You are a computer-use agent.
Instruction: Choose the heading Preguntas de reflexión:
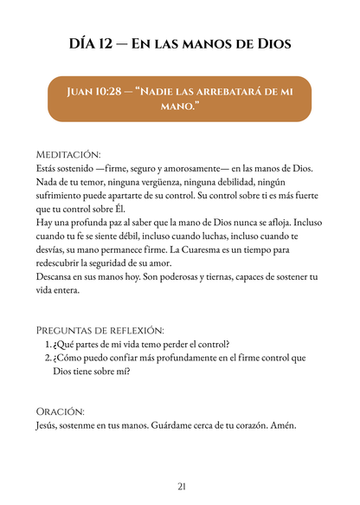click(x=100, y=330)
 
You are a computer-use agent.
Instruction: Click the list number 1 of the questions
click(x=48, y=345)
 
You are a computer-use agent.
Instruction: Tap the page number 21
click(x=181, y=486)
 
